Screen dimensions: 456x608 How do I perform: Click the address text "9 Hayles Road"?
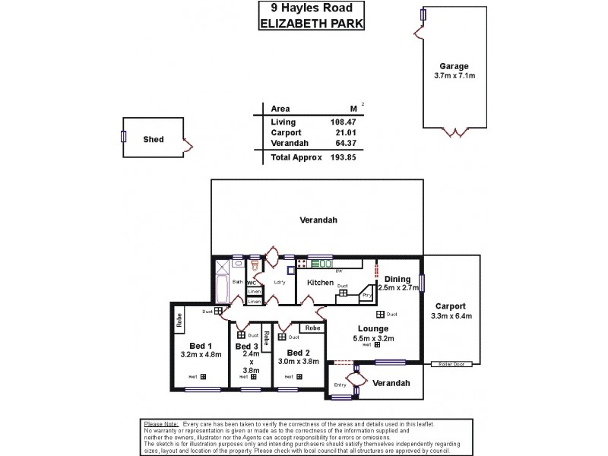[312, 9]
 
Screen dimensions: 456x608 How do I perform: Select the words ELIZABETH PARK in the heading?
[312, 23]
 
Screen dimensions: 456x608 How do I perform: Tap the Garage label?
[454, 66]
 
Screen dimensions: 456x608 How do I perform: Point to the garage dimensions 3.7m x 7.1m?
[454, 76]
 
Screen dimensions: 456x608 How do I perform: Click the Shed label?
[154, 140]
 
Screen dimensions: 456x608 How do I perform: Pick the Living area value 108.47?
[343, 122]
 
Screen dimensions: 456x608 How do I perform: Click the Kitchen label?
[320, 283]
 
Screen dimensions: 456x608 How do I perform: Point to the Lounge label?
[373, 328]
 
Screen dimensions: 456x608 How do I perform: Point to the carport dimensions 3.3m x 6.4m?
[451, 316]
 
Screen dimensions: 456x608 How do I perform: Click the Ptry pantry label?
[366, 295]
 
